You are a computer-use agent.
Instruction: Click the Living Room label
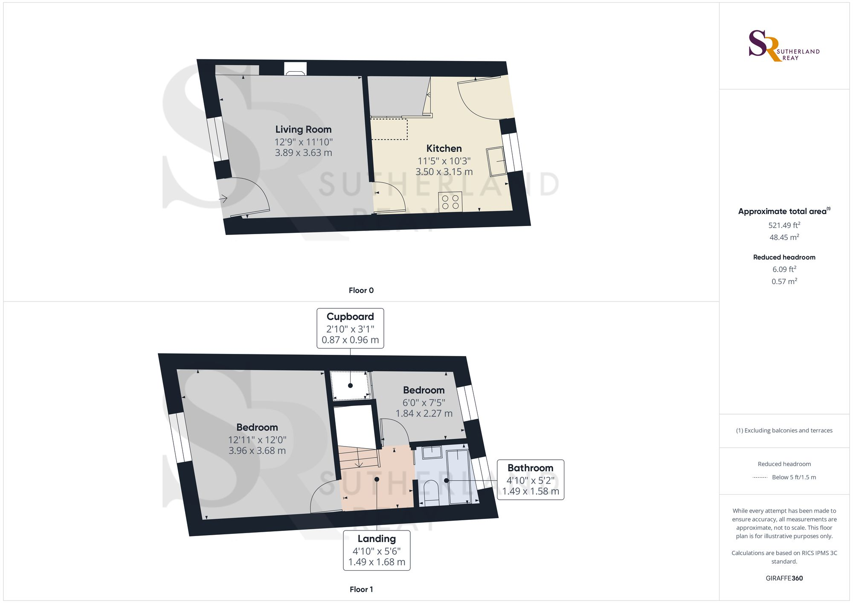coord(303,129)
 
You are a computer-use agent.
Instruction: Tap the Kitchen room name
coord(444,148)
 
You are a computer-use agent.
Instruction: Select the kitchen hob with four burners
coord(450,202)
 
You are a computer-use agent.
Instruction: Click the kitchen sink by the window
coord(496,162)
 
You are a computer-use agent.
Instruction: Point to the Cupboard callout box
coord(350,328)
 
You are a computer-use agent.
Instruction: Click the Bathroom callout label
coord(530,468)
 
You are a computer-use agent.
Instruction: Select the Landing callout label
coord(377,539)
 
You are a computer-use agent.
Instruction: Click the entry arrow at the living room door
coord(223,198)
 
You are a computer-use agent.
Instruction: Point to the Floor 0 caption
coord(361,290)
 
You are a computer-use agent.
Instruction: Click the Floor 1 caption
coord(361,589)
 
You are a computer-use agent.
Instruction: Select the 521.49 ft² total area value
coord(784,225)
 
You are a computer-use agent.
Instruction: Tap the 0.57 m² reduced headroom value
coord(784,281)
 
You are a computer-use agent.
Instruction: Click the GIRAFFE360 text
coord(784,578)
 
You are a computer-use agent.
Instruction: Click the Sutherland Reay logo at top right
coord(783,46)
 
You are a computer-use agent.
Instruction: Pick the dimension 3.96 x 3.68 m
coord(257,451)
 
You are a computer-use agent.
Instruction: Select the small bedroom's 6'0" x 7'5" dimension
coord(424,403)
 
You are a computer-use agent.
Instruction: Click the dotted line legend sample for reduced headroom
coord(760,478)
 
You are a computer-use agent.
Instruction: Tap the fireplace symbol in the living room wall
coord(295,69)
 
